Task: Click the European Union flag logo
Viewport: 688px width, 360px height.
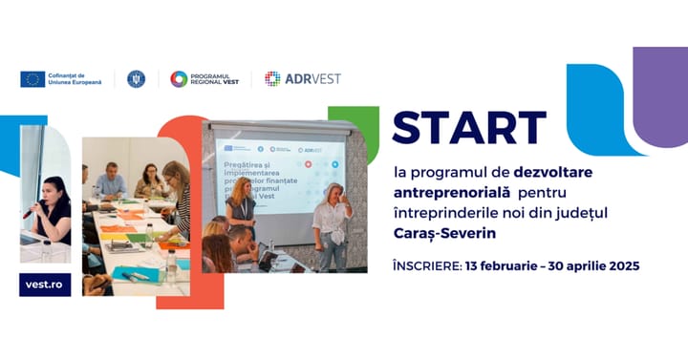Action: tap(32, 79)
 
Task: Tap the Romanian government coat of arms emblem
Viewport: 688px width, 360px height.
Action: tap(136, 79)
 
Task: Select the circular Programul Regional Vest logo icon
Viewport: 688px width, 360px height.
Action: tap(179, 79)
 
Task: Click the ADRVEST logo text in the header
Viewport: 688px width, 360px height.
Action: tap(312, 79)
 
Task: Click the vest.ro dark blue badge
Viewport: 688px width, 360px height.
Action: tap(44, 285)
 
